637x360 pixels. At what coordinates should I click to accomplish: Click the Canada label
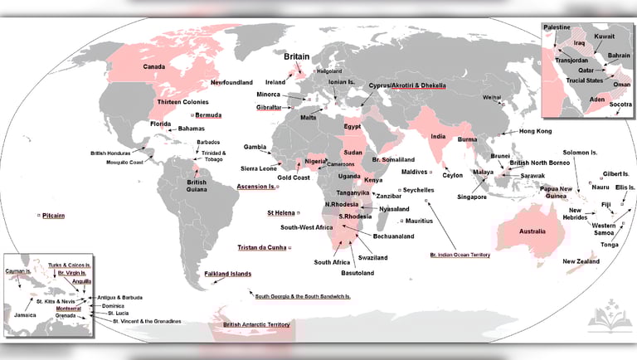[x=154, y=66]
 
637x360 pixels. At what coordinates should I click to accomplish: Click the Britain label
[x=296, y=57]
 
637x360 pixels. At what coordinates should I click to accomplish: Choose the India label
[x=439, y=136]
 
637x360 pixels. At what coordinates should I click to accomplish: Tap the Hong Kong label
[x=535, y=132]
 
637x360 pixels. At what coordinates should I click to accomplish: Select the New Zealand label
[x=581, y=261]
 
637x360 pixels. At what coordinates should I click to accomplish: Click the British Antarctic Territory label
[x=256, y=324]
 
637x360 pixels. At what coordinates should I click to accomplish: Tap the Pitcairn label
[x=53, y=215]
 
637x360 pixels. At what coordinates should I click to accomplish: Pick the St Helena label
[x=281, y=213]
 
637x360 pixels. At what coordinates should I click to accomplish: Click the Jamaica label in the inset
[x=25, y=315]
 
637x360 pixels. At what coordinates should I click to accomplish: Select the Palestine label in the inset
[x=557, y=27]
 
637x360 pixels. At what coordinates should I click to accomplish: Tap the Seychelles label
[x=424, y=189]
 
